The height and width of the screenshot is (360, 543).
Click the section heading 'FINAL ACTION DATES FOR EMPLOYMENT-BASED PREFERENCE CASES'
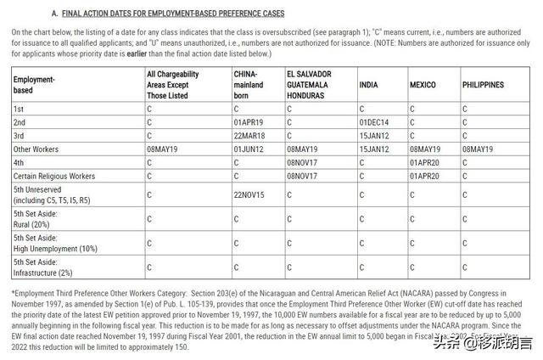point(174,14)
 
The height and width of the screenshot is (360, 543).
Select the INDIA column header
point(368,85)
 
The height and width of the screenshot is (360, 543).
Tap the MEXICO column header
point(423,85)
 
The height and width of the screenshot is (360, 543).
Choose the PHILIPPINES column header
point(483,85)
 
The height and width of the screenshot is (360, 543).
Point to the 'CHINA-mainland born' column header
point(249,85)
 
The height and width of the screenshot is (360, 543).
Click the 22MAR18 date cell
point(249,136)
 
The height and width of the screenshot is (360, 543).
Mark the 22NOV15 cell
point(249,194)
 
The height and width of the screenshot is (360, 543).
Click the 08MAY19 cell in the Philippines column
point(478,149)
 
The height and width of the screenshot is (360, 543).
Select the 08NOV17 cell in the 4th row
point(302,162)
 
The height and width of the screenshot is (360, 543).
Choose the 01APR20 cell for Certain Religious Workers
point(424,176)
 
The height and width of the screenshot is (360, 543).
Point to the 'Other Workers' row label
point(36,149)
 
